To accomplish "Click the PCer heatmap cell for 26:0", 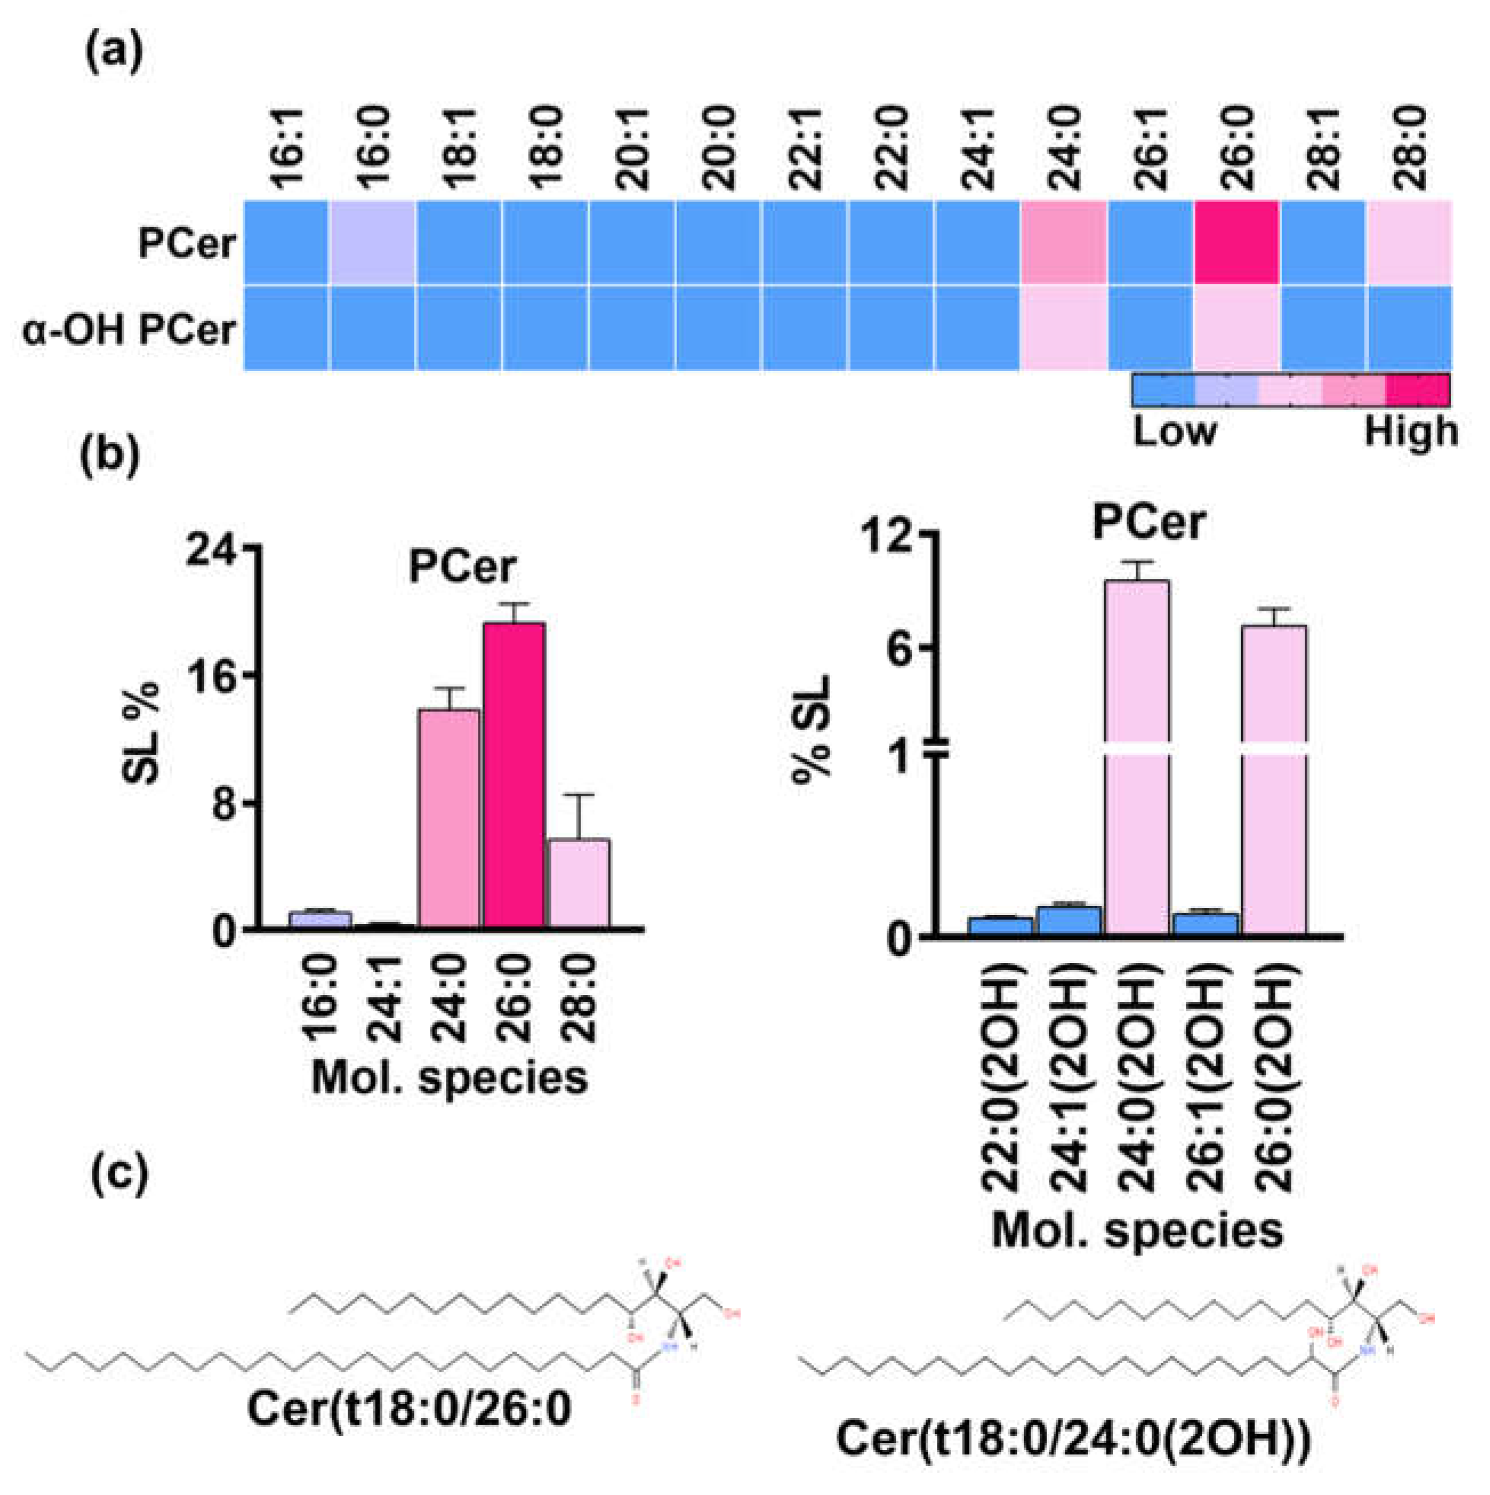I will point(1235,242).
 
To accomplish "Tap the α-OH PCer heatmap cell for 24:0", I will point(1064,329).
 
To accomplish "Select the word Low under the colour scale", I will point(1174,431).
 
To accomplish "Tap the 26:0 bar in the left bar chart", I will point(514,774).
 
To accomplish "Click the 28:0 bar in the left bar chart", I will point(579,882).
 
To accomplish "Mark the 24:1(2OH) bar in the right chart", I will point(1069,921).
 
